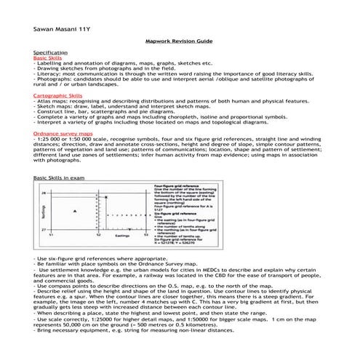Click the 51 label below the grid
[50, 236]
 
